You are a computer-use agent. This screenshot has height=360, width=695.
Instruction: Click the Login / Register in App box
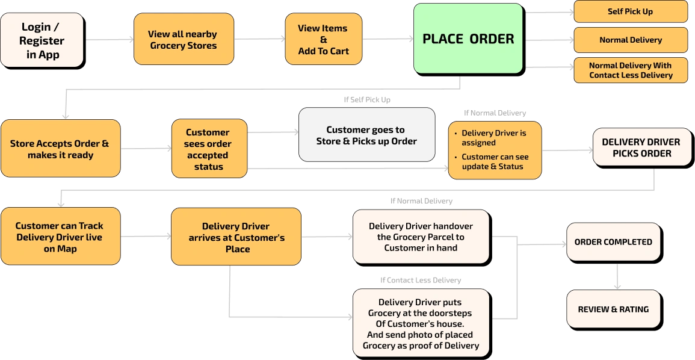coord(42,40)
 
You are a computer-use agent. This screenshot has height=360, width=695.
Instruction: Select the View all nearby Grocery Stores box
coord(183,40)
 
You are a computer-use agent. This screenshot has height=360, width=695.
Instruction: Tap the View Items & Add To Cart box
coord(323,40)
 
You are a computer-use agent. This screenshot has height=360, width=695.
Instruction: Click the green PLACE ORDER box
coord(468,39)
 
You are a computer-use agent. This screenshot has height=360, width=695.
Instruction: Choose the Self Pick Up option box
coord(630,11)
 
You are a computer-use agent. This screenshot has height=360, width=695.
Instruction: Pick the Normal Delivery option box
coord(630,40)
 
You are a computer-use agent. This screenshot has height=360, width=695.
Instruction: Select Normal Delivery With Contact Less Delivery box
coord(630,70)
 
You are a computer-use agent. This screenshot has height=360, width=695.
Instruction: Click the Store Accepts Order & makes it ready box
coord(60,149)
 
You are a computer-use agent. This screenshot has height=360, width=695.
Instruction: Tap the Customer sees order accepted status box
coord(208,149)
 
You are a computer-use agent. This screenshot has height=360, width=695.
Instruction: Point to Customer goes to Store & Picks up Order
coord(366,135)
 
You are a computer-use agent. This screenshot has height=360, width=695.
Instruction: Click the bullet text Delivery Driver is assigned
coord(493,138)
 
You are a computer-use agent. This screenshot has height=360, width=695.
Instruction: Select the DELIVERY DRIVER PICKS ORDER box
coord(640,147)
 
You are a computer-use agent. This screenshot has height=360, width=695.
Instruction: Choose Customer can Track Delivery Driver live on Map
coord(60,237)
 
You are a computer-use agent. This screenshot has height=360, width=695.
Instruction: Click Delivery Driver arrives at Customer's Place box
coord(236,237)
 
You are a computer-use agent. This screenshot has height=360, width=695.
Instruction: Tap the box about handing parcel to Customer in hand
coord(420,237)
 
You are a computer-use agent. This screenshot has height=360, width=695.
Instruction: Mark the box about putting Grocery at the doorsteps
coord(420,323)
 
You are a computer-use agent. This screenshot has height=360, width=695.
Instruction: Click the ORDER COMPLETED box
coord(613,241)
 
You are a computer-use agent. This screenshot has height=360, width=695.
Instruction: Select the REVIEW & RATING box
coord(613,309)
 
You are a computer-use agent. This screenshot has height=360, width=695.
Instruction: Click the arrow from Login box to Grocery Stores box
coord(108,40)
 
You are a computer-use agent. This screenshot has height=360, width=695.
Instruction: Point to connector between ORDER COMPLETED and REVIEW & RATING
coord(618,276)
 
